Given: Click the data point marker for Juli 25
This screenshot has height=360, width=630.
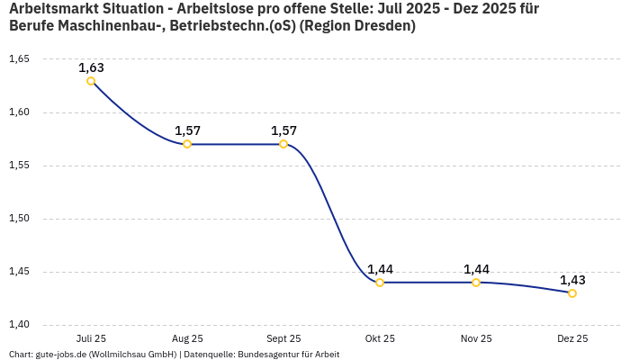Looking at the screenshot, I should (x=91, y=81).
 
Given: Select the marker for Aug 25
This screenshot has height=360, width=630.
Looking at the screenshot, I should (x=187, y=144).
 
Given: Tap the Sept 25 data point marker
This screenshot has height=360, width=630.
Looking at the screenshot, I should (x=283, y=144).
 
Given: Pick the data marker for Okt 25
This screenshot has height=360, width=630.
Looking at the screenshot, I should (x=380, y=283).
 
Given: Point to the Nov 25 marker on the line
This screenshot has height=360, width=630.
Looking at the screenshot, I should (x=476, y=283).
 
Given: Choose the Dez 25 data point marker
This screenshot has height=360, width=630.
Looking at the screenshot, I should (x=572, y=293).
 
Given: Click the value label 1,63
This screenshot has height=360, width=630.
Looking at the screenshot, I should (x=91, y=67).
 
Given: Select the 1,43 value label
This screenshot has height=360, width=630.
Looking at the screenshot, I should (x=572, y=280).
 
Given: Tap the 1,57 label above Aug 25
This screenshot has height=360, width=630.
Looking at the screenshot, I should (x=187, y=130).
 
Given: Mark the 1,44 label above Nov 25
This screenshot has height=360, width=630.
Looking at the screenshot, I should (x=476, y=269).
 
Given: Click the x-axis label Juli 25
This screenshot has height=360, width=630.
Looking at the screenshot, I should (x=91, y=338).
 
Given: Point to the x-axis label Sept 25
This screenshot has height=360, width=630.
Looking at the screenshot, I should (x=283, y=338).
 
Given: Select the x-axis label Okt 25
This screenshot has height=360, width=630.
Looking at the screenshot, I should (x=380, y=338).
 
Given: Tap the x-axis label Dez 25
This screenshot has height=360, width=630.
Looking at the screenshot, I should (x=572, y=338).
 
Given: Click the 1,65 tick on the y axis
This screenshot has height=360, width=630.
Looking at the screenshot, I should (x=19, y=59).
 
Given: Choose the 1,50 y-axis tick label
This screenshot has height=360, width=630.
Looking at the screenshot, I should (x=19, y=219).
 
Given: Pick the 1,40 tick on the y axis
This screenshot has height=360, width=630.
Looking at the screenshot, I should (x=19, y=325).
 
